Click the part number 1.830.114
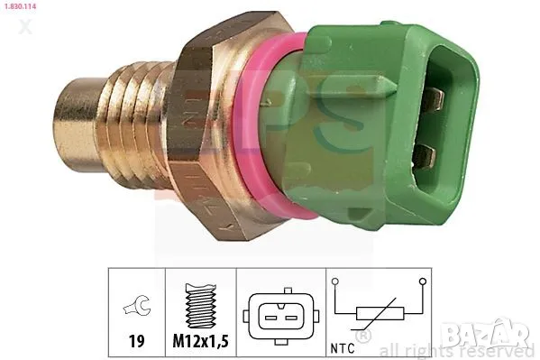[22, 5]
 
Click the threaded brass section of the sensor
[141, 121]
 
